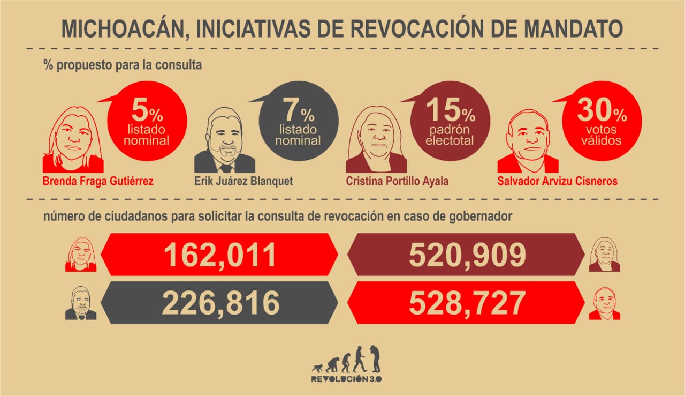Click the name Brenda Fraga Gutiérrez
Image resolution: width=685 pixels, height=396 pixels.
coord(98,181)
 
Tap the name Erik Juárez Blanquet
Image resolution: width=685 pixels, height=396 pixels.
coord(243,181)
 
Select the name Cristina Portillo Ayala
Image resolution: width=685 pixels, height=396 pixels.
coord(397,181)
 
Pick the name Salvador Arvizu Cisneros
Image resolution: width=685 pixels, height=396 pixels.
coord(557,181)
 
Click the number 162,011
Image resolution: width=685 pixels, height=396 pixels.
coord(220,255)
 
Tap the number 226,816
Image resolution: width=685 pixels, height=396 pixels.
coord(220,303)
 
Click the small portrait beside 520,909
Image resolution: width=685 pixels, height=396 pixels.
coord(604,255)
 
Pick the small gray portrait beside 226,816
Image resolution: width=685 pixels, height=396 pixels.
coord(81,304)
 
